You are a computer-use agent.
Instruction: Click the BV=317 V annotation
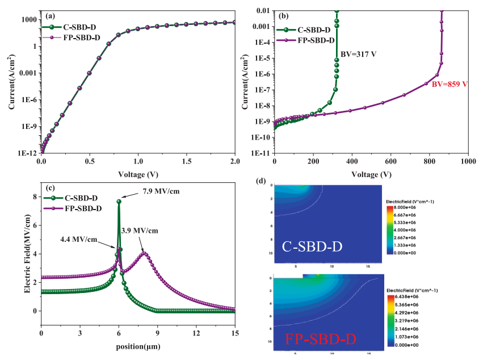tap(358, 54)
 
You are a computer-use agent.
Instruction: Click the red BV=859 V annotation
tap(448, 84)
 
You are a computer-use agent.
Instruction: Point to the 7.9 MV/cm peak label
tap(160, 191)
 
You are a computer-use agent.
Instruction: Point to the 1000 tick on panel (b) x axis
tap(468, 162)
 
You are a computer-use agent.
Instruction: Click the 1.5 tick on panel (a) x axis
tap(186, 162)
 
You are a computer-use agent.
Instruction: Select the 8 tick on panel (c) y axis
tap(35, 196)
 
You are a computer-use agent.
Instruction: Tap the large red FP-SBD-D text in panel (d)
tap(321, 340)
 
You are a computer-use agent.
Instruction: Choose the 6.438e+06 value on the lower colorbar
tap(405, 296)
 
